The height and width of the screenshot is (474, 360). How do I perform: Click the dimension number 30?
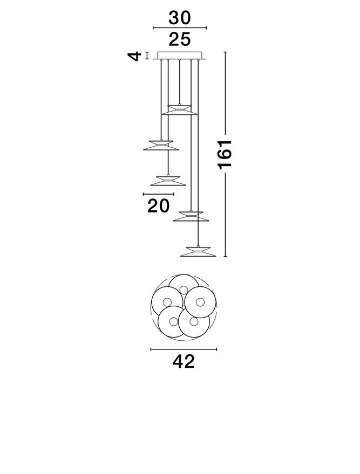(180, 18)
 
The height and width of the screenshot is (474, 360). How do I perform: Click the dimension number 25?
(180, 39)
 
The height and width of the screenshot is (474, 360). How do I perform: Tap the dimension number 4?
(134, 56)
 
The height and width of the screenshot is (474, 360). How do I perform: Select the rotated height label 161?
(225, 154)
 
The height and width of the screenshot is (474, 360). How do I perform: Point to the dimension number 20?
(159, 206)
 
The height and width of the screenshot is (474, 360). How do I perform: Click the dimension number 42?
(184, 361)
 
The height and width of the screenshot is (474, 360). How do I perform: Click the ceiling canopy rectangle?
(180, 56)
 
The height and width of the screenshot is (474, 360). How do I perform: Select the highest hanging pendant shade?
(180, 109)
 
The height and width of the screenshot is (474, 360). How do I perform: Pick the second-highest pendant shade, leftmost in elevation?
(161, 145)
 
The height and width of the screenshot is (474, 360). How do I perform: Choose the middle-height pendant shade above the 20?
(168, 181)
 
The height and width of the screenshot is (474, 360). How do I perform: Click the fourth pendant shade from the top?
(191, 216)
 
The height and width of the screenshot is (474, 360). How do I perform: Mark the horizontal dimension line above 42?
(184, 349)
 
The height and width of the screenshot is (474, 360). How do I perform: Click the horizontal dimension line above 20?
(159, 194)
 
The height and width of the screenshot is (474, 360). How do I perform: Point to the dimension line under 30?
(180, 28)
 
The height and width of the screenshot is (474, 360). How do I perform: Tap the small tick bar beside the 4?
(147, 56)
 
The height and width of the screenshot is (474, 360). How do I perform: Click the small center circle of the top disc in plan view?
(184, 290)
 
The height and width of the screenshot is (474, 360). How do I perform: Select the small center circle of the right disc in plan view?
(200, 301)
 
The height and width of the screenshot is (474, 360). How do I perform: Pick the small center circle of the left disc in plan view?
(167, 301)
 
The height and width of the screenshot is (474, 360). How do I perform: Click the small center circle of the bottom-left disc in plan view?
(174, 321)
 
